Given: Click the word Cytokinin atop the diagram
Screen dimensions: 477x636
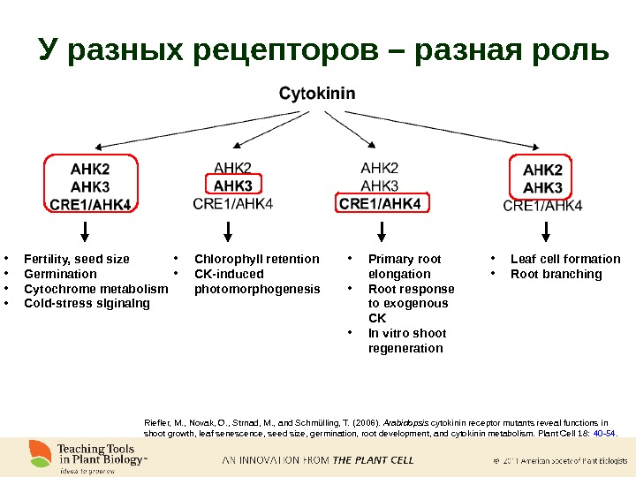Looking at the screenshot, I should tap(317, 93).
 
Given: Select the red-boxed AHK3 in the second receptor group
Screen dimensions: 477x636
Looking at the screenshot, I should tap(232, 185).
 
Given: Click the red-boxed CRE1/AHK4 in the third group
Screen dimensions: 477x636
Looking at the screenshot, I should tap(380, 204).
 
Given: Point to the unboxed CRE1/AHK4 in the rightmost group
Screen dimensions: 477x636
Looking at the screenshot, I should tap(542, 206).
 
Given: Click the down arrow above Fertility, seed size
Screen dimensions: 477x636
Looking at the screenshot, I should tap(85, 231).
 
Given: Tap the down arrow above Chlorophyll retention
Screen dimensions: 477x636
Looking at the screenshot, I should tap(229, 231).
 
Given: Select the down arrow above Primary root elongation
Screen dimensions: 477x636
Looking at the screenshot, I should tap(381, 231).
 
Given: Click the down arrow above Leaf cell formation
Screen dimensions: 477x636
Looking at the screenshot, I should tap(545, 231).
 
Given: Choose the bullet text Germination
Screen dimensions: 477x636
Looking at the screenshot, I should tap(60, 274).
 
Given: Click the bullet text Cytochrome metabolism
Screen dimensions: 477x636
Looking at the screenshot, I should tap(95, 289).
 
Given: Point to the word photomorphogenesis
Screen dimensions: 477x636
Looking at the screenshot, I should tap(257, 289).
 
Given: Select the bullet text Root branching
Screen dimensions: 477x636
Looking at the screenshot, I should tap(556, 274).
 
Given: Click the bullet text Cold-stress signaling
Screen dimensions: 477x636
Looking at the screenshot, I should tap(87, 303).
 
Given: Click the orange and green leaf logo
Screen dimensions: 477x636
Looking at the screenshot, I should tap(39, 454).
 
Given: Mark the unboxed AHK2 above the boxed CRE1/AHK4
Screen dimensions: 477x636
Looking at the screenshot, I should tap(380, 168).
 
